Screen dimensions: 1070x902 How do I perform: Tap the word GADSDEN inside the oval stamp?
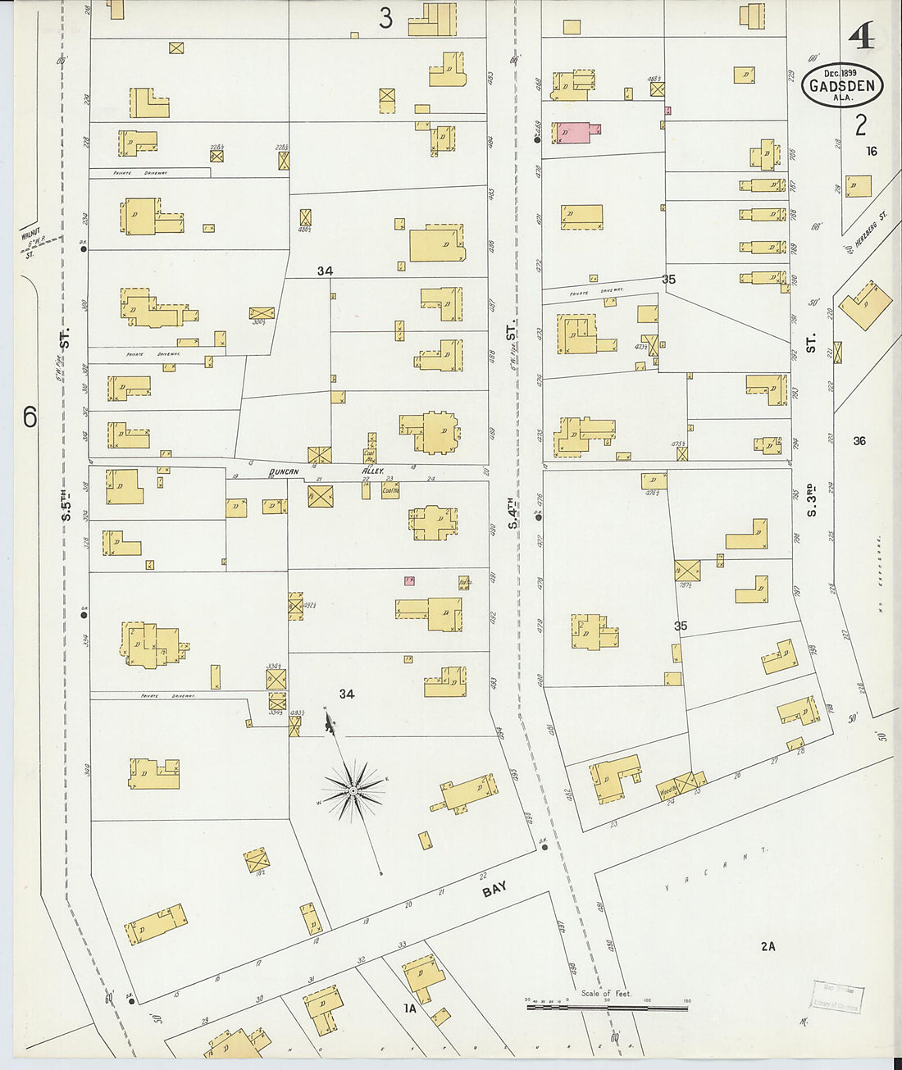842,86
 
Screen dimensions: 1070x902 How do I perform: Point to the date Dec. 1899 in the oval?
840,73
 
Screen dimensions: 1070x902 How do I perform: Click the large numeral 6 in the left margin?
30,417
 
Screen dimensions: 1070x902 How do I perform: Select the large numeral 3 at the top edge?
385,18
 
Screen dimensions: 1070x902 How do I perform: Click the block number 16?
871,151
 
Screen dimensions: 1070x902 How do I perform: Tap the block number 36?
859,441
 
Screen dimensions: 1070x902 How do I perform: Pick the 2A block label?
768,946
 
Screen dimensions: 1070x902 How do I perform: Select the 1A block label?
410,1009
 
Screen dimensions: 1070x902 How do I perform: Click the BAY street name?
494,889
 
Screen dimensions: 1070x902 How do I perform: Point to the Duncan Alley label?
326,472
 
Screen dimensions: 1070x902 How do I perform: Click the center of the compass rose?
353,790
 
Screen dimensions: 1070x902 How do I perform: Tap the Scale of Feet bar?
607,1005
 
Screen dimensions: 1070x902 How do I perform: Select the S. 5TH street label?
66,499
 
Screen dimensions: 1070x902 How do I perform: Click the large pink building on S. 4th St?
576,133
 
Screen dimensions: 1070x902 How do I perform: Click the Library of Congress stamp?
836,997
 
